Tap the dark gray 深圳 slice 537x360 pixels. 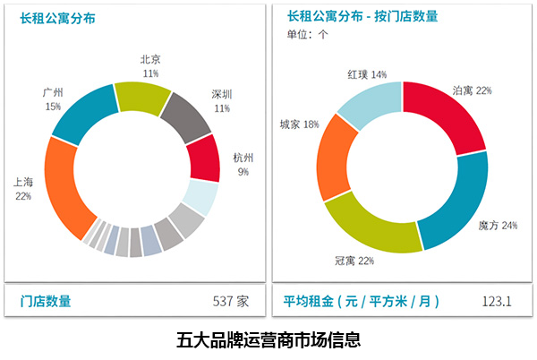coord(190,115)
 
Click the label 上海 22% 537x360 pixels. coord(23,188)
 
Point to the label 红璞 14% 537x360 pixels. coord(367,74)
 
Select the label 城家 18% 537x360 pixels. coord(300,124)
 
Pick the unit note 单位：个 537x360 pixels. coord(308,35)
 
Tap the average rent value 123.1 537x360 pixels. coord(497,301)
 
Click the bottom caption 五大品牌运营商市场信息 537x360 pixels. coord(268,340)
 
